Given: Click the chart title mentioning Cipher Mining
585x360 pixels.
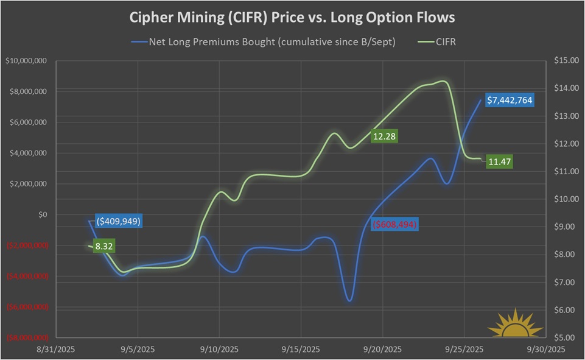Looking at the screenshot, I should pyautogui.click(x=292, y=18).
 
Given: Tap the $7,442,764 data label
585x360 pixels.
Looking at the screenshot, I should pyautogui.click(x=510, y=99).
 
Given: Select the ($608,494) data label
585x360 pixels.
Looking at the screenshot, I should pyautogui.click(x=396, y=224).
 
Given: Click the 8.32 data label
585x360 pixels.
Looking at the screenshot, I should pyautogui.click(x=104, y=247).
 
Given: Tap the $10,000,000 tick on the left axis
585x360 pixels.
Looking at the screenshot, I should pyautogui.click(x=27, y=61).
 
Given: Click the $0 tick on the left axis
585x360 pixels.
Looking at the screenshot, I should pyautogui.click(x=42, y=214).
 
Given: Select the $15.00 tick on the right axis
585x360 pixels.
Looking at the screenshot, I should pyautogui.click(x=564, y=61).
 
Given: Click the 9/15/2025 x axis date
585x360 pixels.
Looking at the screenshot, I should pyautogui.click(x=301, y=350).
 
